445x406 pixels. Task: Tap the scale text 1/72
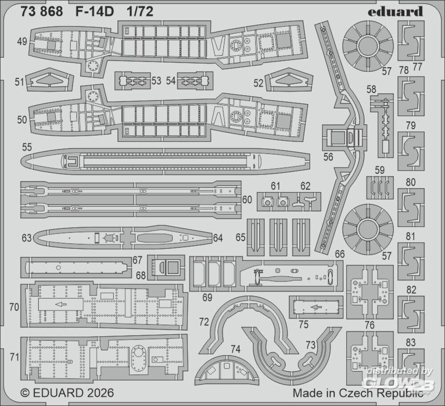[140, 12]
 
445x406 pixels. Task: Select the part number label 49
[21, 42]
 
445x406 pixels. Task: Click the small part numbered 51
[49, 81]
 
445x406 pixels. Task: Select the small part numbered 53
[132, 81]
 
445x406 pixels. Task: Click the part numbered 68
[166, 268]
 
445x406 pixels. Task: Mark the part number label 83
[411, 342]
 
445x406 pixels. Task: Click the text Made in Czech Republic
[357, 393]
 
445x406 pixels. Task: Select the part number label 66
[340, 254]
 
